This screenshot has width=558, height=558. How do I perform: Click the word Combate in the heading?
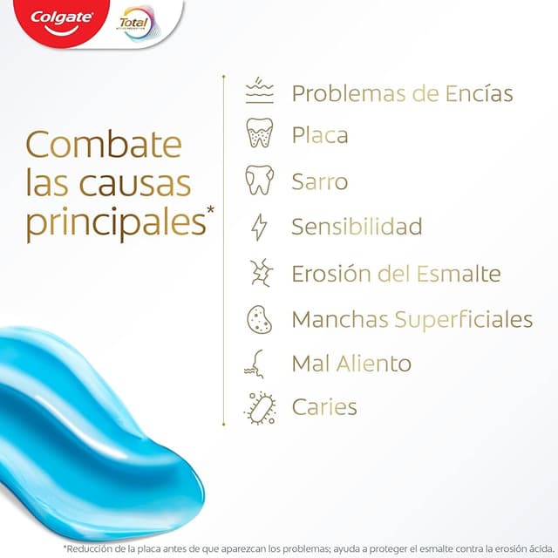point(104,144)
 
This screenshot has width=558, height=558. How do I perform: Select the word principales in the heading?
point(115,221)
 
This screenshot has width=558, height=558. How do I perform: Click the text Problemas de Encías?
point(402,93)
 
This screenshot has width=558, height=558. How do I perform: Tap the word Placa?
point(320,136)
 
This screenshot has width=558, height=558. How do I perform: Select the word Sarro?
point(320,182)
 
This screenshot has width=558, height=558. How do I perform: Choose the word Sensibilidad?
point(357,227)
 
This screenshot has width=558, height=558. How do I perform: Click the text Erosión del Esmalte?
point(396,273)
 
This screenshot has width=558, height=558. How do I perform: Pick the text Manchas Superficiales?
point(412,319)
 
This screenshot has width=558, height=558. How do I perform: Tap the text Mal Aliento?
point(351,363)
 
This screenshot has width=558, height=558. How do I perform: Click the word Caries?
point(324,406)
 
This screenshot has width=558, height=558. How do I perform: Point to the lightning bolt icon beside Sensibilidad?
point(259,227)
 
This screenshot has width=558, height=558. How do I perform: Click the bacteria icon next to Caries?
point(260,406)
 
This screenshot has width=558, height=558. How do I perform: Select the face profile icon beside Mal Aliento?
point(258,363)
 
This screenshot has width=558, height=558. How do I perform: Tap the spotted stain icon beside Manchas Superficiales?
point(260,319)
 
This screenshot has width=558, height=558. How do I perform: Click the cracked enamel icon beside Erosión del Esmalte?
point(260,273)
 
